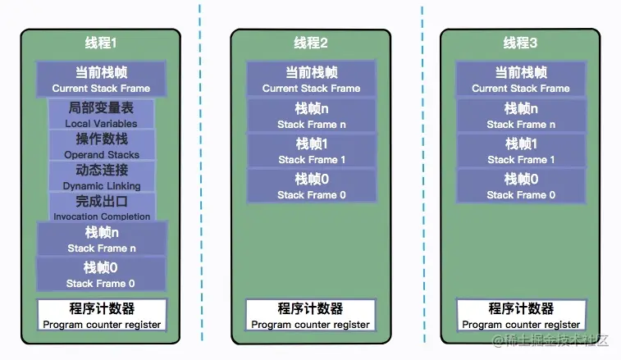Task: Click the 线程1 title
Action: coord(102,43)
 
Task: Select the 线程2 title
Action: coord(311,43)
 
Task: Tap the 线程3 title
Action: coord(520,43)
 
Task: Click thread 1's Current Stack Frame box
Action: coord(102,79)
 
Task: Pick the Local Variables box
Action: coord(102,114)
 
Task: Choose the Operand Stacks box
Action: coord(102,145)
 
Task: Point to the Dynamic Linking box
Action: coord(102,176)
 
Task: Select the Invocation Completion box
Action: coord(102,207)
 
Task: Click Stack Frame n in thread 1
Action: coord(102,239)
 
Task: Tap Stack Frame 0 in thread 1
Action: coord(102,274)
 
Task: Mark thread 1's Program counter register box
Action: coord(102,315)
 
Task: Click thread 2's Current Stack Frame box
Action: coord(311,79)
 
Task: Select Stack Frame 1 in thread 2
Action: coord(311,151)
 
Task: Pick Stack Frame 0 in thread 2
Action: coord(311,186)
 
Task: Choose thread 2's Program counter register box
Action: coord(311,315)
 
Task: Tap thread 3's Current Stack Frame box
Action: coord(520,79)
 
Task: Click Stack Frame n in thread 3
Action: coord(520,116)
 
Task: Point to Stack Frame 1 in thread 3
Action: coord(520,151)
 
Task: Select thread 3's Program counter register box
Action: coord(520,315)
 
